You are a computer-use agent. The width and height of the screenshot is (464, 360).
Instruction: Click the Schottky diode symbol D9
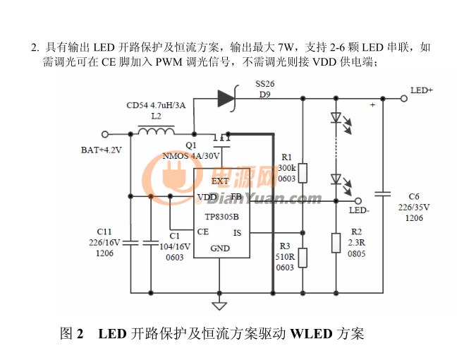[228, 98]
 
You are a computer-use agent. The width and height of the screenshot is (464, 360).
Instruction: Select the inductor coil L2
[157, 131]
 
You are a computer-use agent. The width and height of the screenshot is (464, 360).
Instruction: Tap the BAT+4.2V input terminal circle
[105, 134]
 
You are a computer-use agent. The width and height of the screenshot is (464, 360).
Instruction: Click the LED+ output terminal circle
[404, 98]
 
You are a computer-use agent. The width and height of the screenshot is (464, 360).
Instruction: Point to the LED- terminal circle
[358, 201]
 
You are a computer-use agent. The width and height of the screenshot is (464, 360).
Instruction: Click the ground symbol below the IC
[219, 306]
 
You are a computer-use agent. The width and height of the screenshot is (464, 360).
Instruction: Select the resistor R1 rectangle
[303, 173]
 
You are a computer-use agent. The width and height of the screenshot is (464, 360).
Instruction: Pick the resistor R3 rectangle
[303, 258]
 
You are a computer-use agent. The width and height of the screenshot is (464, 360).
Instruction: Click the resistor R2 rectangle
[336, 243]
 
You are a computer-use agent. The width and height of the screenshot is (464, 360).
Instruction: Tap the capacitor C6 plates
[383, 194]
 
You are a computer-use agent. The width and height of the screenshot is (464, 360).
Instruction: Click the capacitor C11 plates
[130, 243]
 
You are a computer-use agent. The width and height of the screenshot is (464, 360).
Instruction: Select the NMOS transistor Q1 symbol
[221, 140]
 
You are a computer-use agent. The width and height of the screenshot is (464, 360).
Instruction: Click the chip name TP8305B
[222, 217]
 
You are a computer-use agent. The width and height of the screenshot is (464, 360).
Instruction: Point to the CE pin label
[203, 232]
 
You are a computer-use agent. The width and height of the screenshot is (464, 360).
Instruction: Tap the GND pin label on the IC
[220, 248]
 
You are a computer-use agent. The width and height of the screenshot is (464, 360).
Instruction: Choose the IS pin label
[238, 233]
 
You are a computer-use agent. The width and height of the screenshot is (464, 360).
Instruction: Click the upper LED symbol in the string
[336, 118]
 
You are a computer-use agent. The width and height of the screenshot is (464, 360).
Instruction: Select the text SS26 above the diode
[265, 84]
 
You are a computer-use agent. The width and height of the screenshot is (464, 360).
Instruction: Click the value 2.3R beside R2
[357, 243]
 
